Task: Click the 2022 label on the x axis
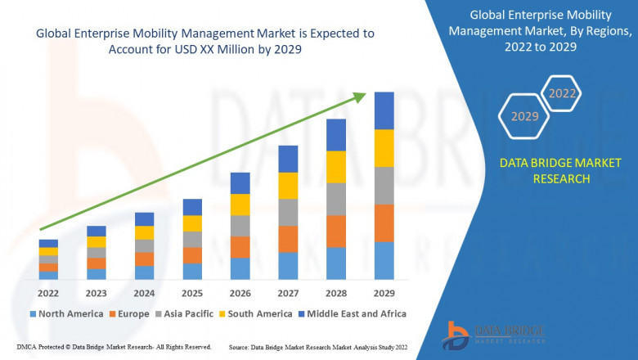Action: click(48, 292)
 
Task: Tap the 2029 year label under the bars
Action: click(384, 292)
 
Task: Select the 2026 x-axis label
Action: click(240, 292)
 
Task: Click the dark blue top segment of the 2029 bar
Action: click(384, 110)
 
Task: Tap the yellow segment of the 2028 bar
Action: click(336, 167)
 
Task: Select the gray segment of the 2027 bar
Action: click(288, 212)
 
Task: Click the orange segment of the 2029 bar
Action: click(384, 223)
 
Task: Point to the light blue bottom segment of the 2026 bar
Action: click(240, 268)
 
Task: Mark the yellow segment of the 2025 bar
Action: click(192, 223)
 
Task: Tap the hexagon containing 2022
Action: click(562, 94)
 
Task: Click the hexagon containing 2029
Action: click(524, 117)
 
